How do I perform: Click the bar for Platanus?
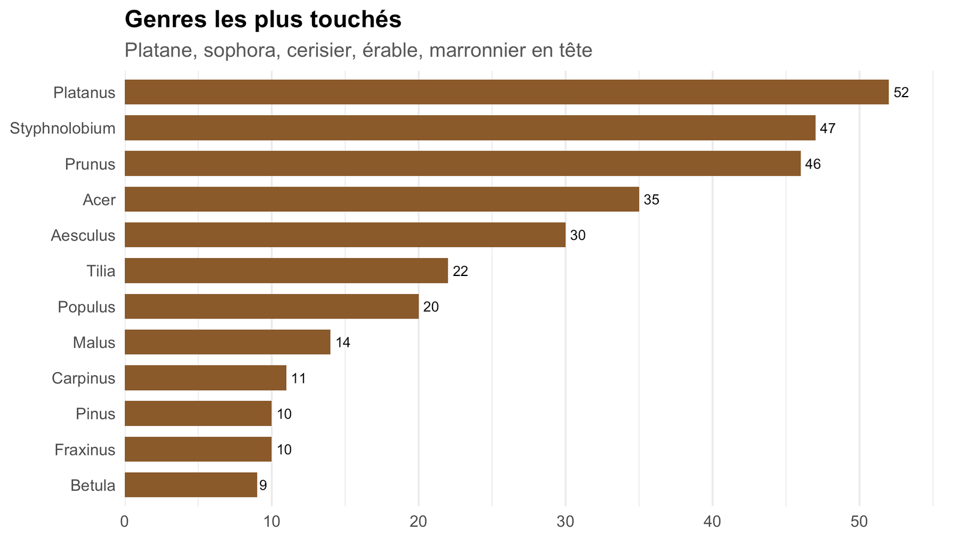point(506,92)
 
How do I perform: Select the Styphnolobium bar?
point(470,128)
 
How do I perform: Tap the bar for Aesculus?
point(345,235)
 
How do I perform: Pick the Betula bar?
point(191,485)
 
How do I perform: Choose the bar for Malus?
point(227,342)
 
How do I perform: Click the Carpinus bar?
point(205,377)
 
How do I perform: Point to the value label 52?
point(901,92)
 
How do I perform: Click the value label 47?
point(827,128)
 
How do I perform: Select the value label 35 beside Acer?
point(652,200)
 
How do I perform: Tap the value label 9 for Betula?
point(263,485)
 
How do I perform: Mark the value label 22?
point(460,271)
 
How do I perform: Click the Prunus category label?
point(90,164)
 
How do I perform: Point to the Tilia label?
point(101,271)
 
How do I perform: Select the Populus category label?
point(86,307)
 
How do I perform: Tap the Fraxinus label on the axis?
point(85,450)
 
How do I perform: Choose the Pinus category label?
point(95,414)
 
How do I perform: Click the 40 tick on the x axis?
point(712,521)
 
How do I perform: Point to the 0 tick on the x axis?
point(125,521)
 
